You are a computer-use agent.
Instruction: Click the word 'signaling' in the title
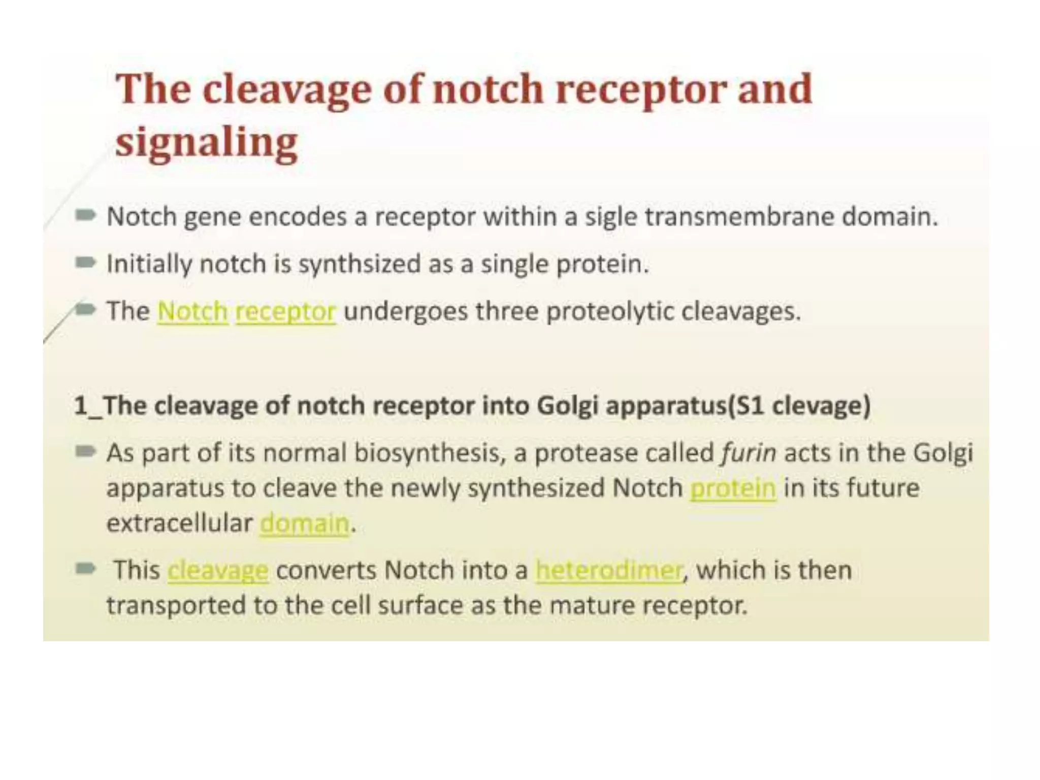206,143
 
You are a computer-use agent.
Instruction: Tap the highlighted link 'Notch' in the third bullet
192,311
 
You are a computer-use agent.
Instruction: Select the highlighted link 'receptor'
285,311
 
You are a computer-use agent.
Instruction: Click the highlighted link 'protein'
733,489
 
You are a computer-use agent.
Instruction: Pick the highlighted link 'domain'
305,524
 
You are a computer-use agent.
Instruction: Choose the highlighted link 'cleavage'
218,570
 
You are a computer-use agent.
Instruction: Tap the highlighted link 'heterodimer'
609,570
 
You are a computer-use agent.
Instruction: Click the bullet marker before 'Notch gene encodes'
85,216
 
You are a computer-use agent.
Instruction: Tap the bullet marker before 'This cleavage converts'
85,569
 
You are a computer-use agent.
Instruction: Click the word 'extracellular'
179,524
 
